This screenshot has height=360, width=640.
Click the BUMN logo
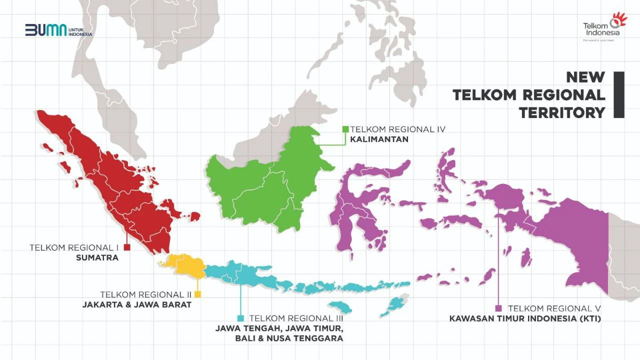pyautogui.click(x=58, y=30)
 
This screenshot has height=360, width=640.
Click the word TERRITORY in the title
pyautogui.click(x=562, y=112)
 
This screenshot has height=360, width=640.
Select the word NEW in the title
pyautogui.click(x=585, y=77)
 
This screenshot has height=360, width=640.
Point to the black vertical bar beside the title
pyautogui.click(x=619, y=95)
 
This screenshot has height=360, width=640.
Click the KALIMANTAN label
pyautogui.click(x=379, y=139)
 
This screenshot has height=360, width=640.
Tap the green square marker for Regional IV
pyautogui.click(x=345, y=129)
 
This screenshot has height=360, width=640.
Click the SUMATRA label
pyautogui.click(x=97, y=258)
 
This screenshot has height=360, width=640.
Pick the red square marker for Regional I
pyautogui.click(x=127, y=247)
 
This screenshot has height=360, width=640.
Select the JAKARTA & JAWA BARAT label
pyautogui.click(x=136, y=304)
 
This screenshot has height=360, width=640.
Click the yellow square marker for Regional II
pyautogui.click(x=198, y=294)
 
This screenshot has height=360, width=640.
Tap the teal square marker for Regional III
pyautogui.click(x=240, y=318)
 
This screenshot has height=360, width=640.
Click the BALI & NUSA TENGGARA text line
pyautogui.click(x=289, y=338)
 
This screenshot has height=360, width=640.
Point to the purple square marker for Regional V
pyautogui.click(x=498, y=308)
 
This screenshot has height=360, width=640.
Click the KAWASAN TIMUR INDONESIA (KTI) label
pyautogui.click(x=524, y=318)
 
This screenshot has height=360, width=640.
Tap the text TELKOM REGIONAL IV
pyautogui.click(x=397, y=129)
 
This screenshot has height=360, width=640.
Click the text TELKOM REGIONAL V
pyautogui.click(x=554, y=308)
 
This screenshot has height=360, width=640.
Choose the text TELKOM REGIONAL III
pyautogui.click(x=296, y=318)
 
